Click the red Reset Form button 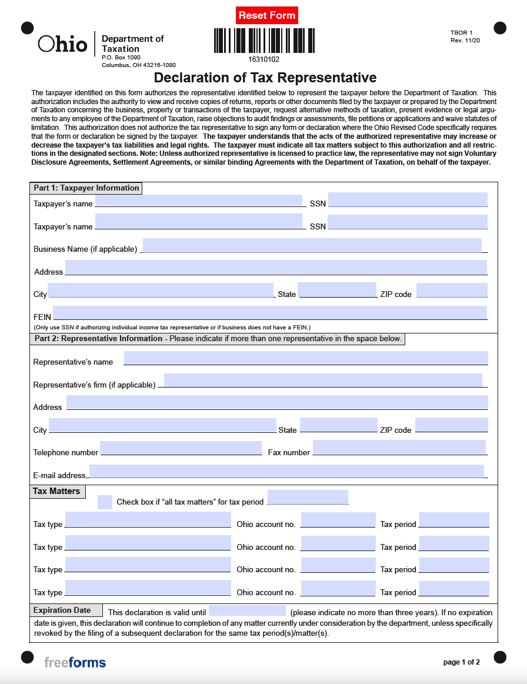266,15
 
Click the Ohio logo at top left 62,44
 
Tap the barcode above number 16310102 263,41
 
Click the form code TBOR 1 462,32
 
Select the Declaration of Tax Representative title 265,78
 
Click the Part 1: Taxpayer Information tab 86,188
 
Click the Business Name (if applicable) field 312,246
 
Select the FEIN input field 269,313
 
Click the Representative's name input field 305,358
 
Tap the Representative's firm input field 322,381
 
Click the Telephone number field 181,448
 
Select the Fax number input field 399,448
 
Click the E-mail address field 286,471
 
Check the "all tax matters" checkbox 105,502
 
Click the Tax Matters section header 57,491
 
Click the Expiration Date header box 65,610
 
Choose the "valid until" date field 247,610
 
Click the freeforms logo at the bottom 75,663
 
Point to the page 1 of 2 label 462,662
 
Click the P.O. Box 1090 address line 121,58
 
